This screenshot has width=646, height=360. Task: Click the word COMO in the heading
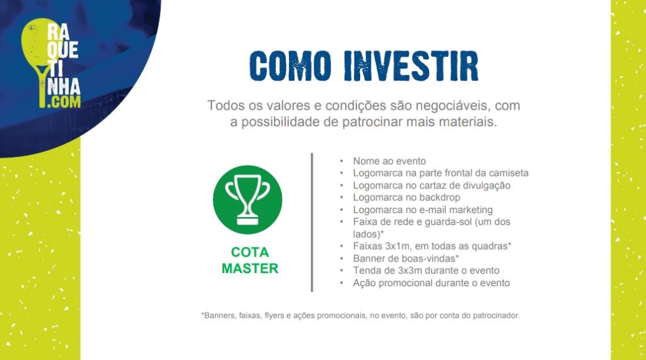290,66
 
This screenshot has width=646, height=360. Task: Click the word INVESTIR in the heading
411,66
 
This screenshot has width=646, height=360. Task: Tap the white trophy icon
247,200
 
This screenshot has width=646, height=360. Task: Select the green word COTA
250,252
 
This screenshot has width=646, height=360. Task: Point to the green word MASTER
250,268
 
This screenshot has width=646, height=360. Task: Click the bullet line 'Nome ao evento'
389,161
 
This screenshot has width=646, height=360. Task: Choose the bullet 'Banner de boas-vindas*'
406,258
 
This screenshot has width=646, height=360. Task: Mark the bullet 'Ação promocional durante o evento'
432,283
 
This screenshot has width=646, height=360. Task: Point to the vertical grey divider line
312,223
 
